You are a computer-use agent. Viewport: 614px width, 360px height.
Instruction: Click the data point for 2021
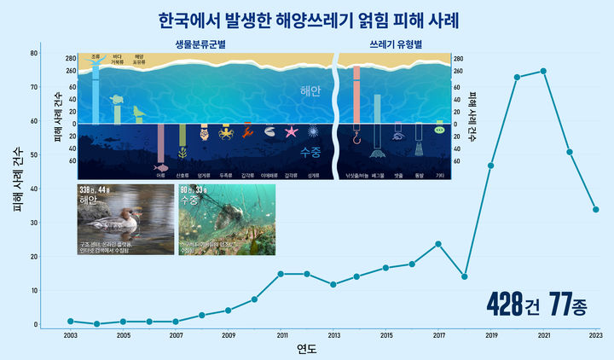coord(543,71)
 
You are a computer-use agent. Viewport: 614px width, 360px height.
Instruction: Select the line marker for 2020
coord(517,77)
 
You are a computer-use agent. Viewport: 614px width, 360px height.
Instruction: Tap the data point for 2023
coord(596,209)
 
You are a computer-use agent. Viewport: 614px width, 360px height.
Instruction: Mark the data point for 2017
coord(438,244)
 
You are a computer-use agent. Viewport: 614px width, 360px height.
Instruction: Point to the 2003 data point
coord(71,322)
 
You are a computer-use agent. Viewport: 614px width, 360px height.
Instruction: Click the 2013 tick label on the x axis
coord(334,335)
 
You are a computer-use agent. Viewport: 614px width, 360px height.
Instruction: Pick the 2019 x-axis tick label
coord(491,335)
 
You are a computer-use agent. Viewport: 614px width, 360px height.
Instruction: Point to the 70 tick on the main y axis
coord(33,87)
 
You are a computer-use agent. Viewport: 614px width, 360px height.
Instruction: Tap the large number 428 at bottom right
coord(506,304)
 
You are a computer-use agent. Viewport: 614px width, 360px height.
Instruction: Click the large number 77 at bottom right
coord(561,304)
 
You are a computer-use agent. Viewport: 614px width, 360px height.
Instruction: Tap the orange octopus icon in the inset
coord(226,132)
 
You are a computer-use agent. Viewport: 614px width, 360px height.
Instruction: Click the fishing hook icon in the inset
coord(356,136)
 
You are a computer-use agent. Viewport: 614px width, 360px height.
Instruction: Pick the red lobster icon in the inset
coord(247,131)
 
